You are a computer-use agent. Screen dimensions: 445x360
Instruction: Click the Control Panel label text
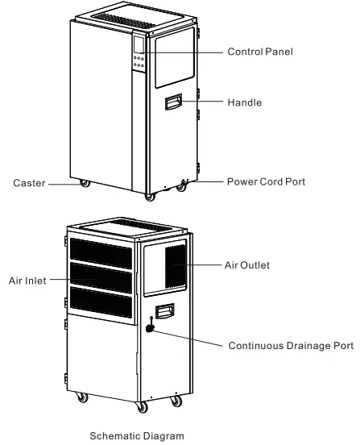click(260, 52)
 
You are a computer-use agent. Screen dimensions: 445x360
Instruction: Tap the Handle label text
click(245, 103)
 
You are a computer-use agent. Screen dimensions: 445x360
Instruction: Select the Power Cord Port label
click(266, 182)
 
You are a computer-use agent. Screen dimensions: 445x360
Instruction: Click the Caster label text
click(29, 183)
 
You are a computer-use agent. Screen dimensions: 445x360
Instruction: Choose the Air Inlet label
click(27, 281)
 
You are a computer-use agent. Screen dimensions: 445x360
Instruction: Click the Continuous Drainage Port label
click(291, 346)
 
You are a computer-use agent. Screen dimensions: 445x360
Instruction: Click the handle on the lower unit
click(166, 310)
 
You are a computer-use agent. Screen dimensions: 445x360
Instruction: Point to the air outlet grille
click(176, 265)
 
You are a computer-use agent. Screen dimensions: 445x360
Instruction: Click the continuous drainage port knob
click(151, 328)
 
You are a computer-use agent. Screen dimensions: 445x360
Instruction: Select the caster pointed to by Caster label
click(84, 184)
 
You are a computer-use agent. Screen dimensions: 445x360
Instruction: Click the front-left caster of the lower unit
click(82, 397)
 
